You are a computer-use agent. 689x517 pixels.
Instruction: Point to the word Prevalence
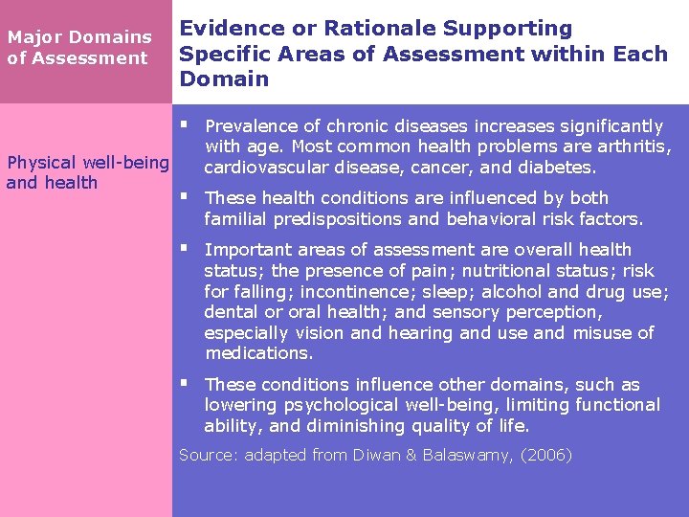click(252, 126)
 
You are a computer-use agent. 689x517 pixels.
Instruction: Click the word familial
click(235, 219)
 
